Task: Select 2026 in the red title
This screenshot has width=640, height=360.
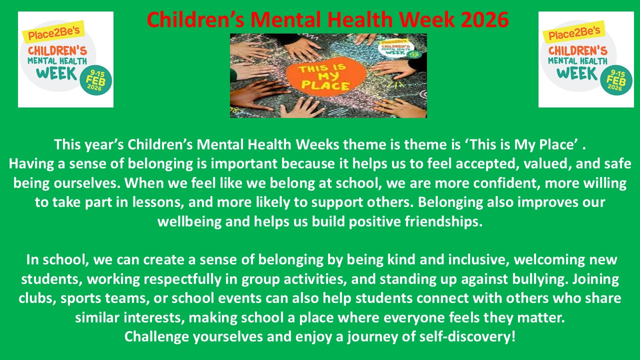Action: [x=485, y=19]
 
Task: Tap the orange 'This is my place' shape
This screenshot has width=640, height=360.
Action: [x=325, y=76]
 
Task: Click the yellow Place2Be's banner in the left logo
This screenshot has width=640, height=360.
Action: [x=53, y=32]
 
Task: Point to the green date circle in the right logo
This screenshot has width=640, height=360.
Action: [x=616, y=79]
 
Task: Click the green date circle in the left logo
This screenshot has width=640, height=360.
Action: [x=95, y=79]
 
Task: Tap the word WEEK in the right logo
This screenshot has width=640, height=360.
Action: [x=577, y=73]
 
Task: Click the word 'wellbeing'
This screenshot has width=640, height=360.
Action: [x=189, y=221]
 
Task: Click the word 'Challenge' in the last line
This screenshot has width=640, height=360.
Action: [x=156, y=337]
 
